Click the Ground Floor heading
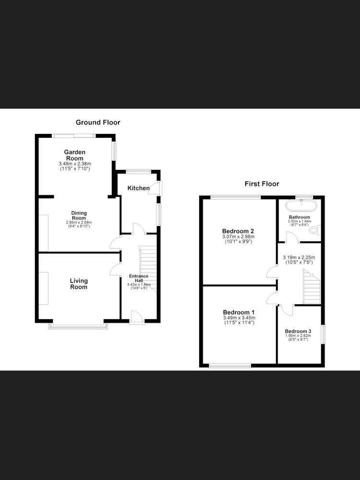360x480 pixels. (98, 122)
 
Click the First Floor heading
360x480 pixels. (262, 184)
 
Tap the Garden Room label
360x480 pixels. (75, 155)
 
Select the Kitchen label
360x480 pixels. (139, 188)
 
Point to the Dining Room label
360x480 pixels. (79, 215)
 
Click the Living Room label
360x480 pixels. (79, 284)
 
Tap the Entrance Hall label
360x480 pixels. (139, 278)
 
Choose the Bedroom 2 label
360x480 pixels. (238, 231)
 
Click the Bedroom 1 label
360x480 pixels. (239, 312)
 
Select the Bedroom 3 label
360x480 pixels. (298, 331)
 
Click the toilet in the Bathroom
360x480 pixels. (315, 229)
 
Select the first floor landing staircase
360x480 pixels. (312, 287)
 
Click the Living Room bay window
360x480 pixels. (78, 326)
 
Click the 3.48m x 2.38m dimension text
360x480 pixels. (75, 164)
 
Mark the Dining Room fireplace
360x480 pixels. (44, 233)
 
